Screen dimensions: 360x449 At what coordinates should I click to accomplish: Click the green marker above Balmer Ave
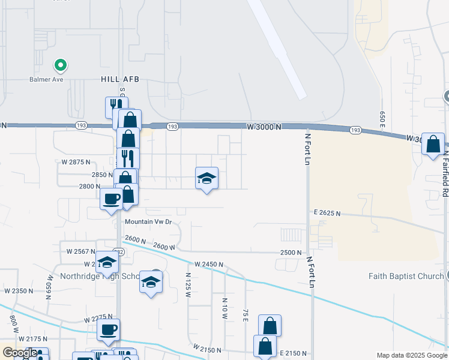[59, 65]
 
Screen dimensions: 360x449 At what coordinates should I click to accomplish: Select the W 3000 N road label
[264, 127]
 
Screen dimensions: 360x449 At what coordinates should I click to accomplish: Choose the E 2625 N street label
[327, 213]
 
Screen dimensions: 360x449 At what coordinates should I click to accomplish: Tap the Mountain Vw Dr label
[148, 221]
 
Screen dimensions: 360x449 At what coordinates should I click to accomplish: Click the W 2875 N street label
[76, 162]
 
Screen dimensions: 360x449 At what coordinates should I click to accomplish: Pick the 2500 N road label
[290, 253]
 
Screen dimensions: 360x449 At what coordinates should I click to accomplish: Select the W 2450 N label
[208, 264]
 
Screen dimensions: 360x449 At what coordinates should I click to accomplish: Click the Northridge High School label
[99, 276]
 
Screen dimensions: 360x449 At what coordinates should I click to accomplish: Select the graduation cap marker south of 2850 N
[206, 178]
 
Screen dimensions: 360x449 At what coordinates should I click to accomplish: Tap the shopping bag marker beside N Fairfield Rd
[433, 145]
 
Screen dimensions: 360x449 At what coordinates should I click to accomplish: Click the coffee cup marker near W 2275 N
[108, 330]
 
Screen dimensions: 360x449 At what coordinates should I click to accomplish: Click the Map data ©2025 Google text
[411, 355]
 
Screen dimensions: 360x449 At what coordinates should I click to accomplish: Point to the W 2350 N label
[19, 290]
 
